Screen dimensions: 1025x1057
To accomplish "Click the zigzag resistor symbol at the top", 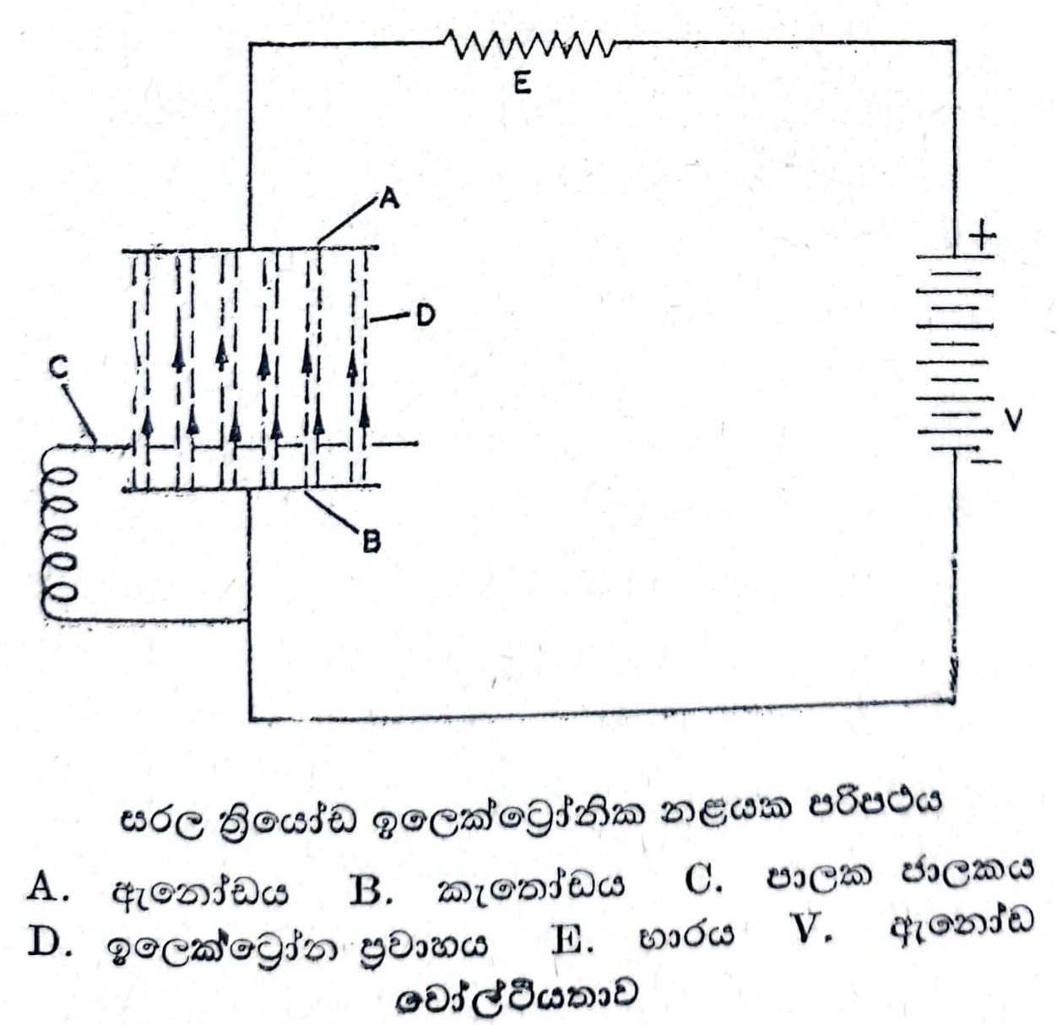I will [x=528, y=45].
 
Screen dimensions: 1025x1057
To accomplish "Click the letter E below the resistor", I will [x=523, y=83].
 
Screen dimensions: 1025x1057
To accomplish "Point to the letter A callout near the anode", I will [x=388, y=199].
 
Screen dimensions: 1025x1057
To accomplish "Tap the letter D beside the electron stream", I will [x=424, y=316].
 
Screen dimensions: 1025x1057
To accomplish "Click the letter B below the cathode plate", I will [x=371, y=542].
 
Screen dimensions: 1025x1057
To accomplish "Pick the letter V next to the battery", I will [x=1013, y=420].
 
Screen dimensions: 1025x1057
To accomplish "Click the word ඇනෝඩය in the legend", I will [x=200, y=890].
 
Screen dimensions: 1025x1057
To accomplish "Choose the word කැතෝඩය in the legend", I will [x=531, y=888].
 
